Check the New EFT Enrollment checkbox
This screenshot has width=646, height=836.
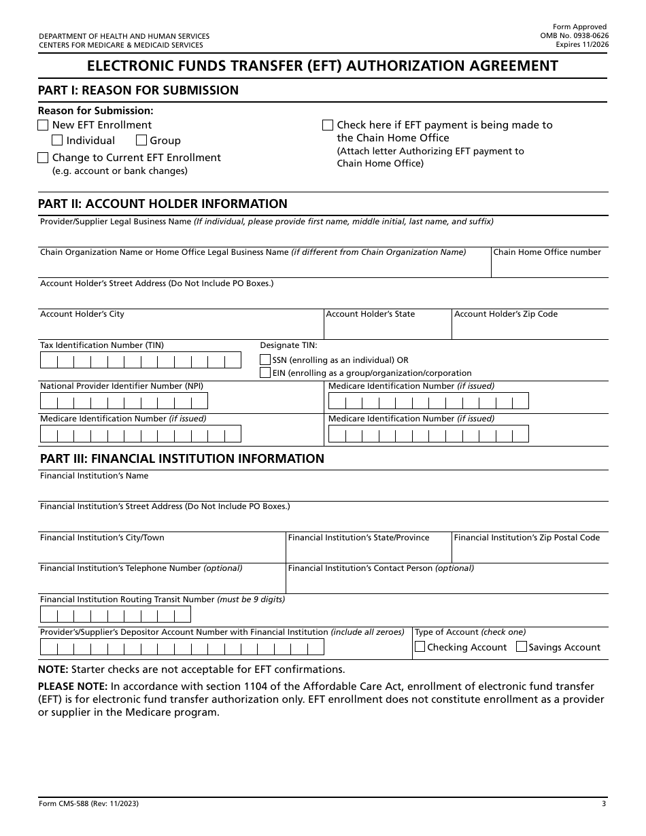[43, 125]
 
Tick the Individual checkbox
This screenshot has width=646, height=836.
[57, 141]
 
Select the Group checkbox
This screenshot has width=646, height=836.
[141, 141]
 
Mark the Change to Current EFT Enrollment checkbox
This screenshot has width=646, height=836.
[43, 158]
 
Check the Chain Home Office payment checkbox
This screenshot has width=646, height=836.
[327, 125]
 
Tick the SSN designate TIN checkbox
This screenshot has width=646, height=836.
[265, 360]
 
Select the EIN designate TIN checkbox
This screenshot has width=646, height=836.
[265, 372]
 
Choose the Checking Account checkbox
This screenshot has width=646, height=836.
[420, 647]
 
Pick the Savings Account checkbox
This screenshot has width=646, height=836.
[522, 647]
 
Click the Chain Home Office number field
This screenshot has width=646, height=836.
[549, 267]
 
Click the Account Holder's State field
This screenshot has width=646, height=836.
[388, 329]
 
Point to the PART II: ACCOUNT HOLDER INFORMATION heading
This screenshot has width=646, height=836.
[163, 204]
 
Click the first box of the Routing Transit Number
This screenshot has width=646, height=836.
[49, 615]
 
